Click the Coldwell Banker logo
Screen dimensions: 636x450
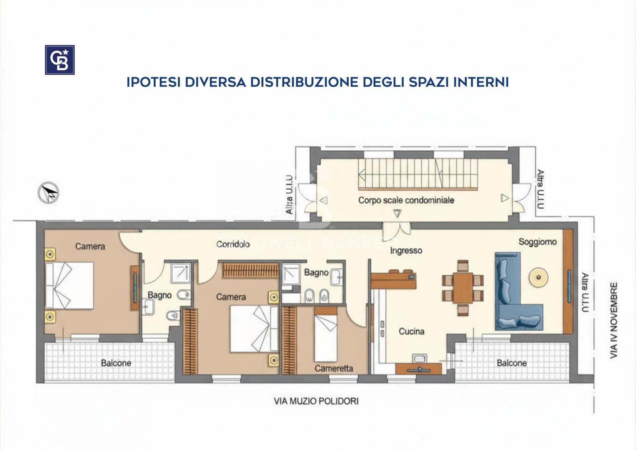click(60, 60)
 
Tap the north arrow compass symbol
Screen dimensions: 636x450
click(48, 192)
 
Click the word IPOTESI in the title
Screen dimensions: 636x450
click(153, 82)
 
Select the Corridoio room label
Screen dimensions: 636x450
click(233, 244)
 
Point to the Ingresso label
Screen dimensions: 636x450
click(406, 251)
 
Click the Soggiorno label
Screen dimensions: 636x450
click(538, 242)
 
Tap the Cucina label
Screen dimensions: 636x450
click(411, 331)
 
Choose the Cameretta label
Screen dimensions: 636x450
click(334, 368)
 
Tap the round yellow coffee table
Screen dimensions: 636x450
click(538, 277)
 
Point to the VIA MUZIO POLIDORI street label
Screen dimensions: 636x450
click(316, 401)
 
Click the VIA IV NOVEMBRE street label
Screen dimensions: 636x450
click(614, 320)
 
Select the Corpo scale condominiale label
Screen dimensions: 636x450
click(406, 200)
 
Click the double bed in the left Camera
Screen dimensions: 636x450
click(69, 285)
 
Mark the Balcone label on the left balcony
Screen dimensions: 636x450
click(116, 363)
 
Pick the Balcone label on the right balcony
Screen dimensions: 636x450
click(512, 363)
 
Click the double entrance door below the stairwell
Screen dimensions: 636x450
click(397, 230)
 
